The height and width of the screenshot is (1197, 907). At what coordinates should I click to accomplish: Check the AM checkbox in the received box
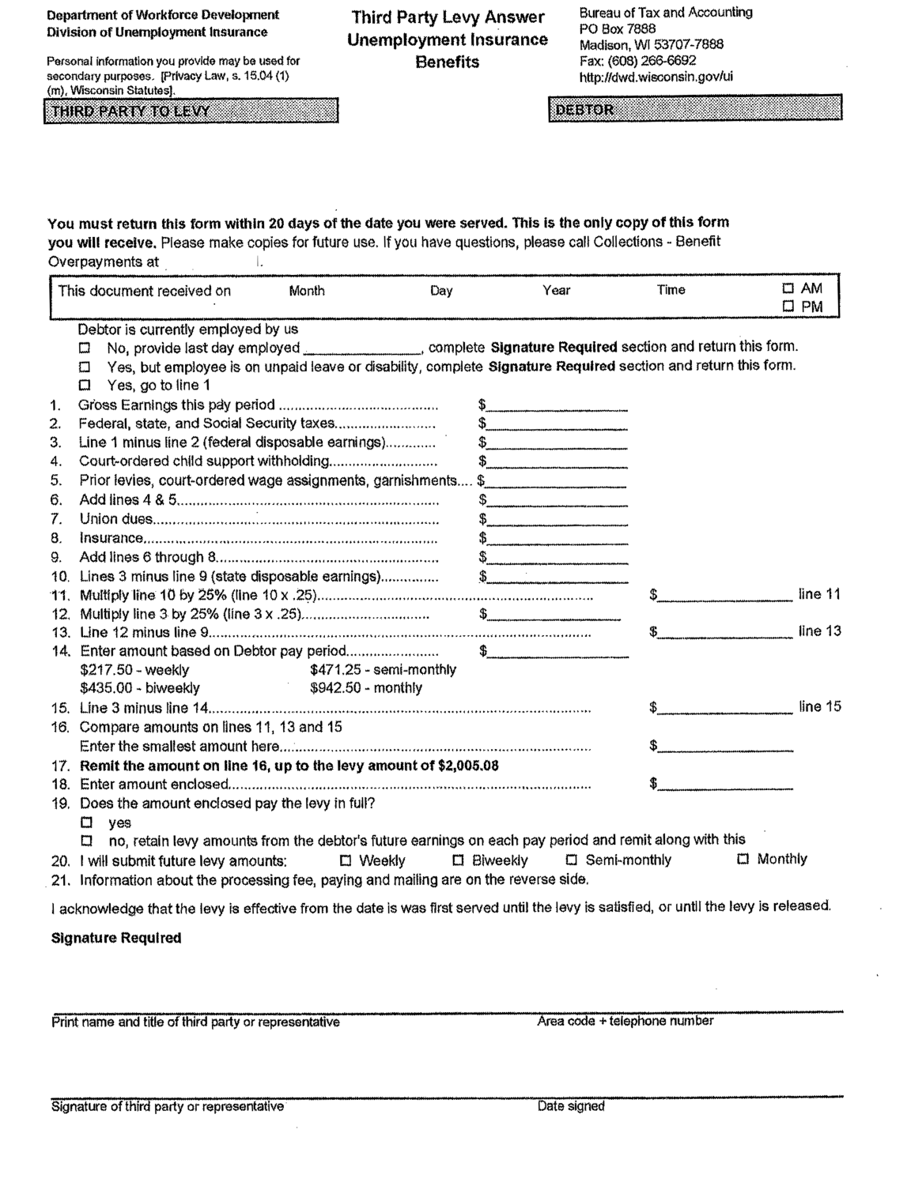(x=787, y=289)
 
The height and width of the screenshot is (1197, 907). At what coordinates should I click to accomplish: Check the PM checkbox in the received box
(x=787, y=307)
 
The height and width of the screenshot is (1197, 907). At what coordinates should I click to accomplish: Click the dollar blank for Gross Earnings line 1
(x=557, y=406)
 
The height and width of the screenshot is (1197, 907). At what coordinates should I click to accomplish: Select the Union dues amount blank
(x=557, y=520)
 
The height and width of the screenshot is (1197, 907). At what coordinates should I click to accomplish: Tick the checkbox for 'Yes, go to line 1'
(x=85, y=386)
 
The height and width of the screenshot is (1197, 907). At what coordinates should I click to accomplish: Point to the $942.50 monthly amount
(x=365, y=688)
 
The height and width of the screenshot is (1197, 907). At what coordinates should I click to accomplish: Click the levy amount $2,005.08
(x=466, y=766)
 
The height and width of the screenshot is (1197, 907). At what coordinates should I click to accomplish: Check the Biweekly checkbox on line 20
(x=457, y=860)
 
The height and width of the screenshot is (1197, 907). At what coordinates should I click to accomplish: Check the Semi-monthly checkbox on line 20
(x=571, y=860)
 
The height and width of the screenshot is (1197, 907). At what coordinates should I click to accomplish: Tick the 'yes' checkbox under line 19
(x=86, y=822)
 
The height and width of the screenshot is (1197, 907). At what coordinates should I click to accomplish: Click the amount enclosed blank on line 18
(x=724, y=785)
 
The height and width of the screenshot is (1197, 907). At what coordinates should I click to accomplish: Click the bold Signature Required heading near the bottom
(x=116, y=939)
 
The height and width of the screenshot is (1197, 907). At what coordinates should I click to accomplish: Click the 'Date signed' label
(x=571, y=1107)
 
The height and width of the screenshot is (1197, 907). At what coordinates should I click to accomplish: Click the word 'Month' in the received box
(x=307, y=291)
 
